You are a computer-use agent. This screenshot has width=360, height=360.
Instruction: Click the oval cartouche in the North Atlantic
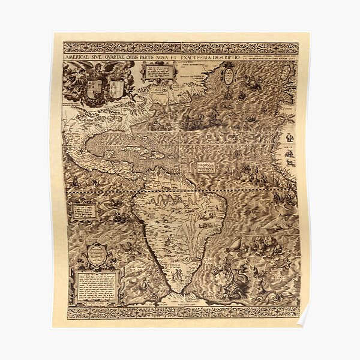tap(228, 76)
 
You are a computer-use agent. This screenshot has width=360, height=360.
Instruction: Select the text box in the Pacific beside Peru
tap(85, 211)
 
